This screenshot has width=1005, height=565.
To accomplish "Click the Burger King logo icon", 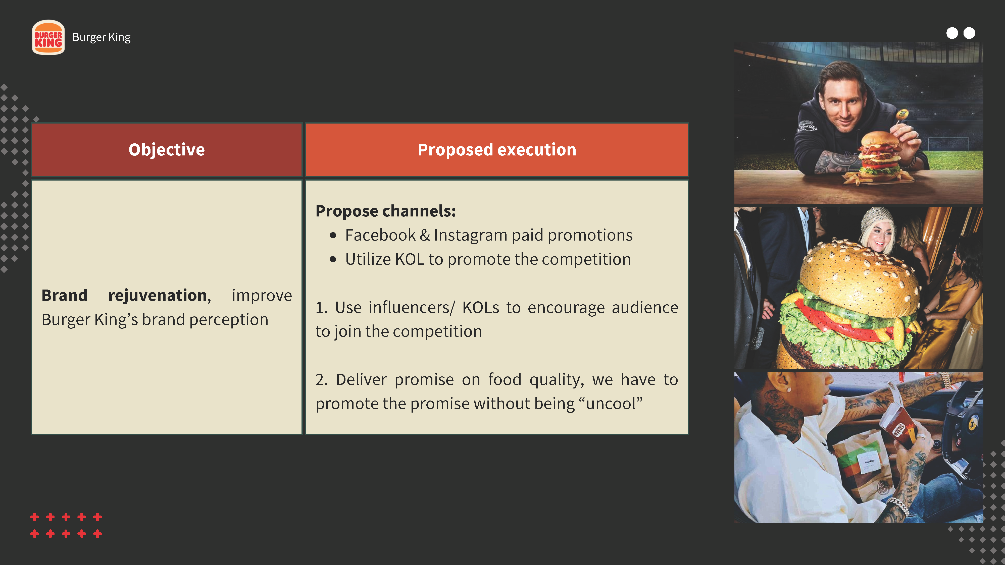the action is coord(48,37).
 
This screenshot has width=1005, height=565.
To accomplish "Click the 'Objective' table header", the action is coord(167,150).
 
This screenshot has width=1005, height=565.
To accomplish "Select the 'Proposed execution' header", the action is coord(497,150).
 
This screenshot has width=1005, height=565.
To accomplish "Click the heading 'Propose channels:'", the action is coord(385,211).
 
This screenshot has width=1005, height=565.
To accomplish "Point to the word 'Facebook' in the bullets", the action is coord(380,235).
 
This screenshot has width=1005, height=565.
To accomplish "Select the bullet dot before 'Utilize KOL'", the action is coord(333,260).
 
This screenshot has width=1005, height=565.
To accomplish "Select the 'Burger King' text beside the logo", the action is coord(102,37).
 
